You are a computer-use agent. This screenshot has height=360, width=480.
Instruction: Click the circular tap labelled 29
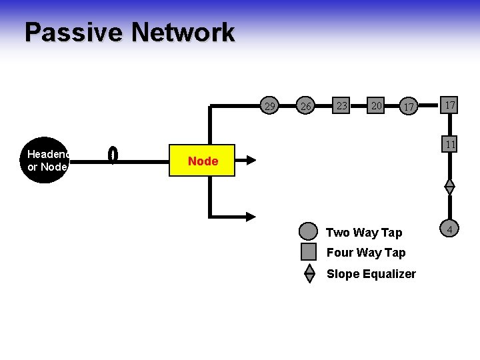[270, 106]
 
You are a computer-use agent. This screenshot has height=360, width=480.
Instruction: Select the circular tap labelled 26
[306, 106]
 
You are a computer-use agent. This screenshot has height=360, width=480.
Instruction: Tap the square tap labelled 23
[342, 105]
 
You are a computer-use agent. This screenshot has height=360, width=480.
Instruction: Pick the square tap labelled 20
[377, 105]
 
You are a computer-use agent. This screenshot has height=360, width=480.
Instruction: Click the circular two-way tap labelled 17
[410, 106]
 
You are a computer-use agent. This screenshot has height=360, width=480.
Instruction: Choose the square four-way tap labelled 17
[450, 105]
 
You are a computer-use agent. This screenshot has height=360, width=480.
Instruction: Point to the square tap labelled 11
[450, 145]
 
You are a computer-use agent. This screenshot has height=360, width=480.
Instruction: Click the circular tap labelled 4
[450, 231]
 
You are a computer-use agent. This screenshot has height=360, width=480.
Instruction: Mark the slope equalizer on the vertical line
[450, 187]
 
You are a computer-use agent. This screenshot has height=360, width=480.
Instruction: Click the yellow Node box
[203, 161]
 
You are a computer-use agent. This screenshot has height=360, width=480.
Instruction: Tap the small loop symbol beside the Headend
[113, 155]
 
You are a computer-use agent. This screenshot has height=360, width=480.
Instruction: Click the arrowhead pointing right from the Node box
[251, 160]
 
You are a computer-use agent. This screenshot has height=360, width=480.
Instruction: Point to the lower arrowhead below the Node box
[251, 216]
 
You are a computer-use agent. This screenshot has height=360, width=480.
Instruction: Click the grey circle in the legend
[309, 232]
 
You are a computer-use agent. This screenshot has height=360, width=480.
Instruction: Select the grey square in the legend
[309, 252]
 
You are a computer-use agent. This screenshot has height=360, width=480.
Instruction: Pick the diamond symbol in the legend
[309, 273]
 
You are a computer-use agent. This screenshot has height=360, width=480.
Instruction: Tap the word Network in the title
[183, 33]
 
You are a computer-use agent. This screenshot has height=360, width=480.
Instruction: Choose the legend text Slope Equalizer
[371, 274]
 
